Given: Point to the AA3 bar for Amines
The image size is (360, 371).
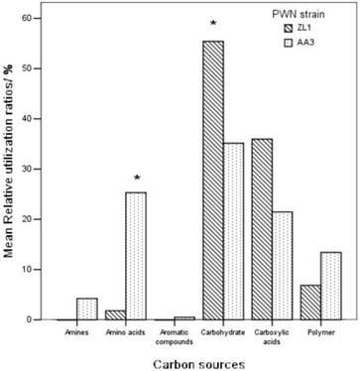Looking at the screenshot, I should coord(86,309).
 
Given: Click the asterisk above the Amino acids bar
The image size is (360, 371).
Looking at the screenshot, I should coord(137,180).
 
